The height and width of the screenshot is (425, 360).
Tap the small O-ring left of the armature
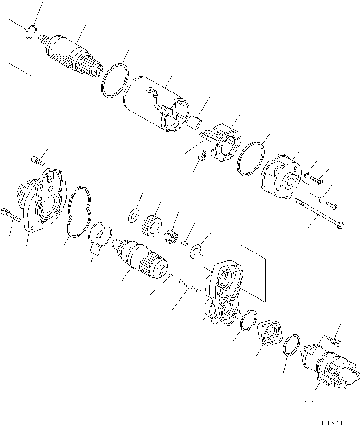tap(31, 32)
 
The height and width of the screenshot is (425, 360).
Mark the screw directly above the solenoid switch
tap(335, 341)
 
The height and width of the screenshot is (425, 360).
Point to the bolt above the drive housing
tap(37, 161)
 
